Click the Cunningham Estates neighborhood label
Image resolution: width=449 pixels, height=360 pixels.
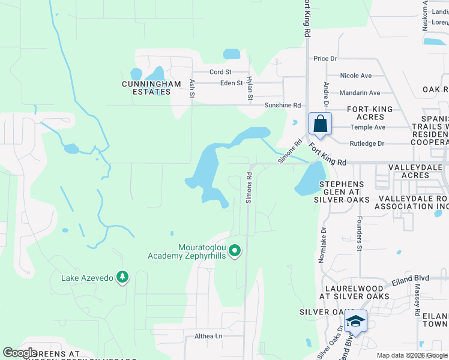click(151, 88)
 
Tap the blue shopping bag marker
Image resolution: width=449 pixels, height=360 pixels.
click(321, 124)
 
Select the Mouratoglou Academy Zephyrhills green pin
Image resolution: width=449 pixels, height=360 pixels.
click(235, 251)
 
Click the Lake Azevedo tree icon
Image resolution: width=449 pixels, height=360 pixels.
click(123, 276)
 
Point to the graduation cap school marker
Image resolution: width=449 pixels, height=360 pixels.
click(356, 322)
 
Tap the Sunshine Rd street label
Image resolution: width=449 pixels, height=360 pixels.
click(282, 105)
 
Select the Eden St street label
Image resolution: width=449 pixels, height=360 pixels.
click(231, 83)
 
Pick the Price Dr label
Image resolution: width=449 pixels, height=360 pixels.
click(325, 59)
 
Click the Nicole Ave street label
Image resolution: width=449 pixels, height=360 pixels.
click(356, 76)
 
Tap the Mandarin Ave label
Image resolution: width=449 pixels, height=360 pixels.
click(360, 93)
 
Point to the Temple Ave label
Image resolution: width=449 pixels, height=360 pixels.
click(368, 127)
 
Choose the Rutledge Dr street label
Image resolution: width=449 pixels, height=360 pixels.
click(366, 143)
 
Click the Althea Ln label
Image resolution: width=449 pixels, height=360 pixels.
click(208, 337)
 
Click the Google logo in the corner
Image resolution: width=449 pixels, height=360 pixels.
click(20, 352)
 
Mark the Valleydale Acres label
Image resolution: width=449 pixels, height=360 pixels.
click(417, 171)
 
